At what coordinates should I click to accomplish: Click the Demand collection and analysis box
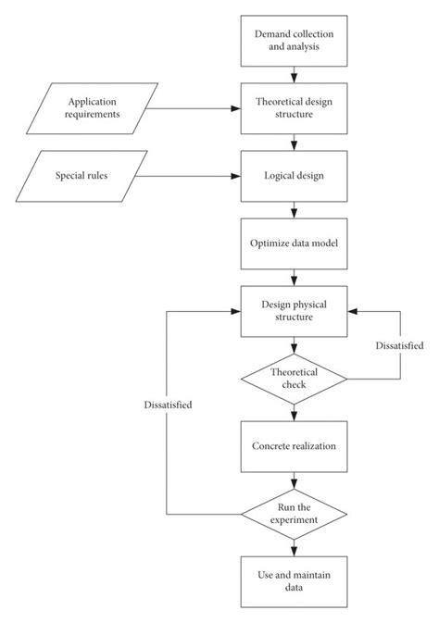point(295,40)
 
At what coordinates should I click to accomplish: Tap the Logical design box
point(295,175)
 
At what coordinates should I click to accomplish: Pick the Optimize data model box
point(295,243)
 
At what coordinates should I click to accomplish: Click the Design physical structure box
point(295,310)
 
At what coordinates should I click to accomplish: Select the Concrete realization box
point(295,445)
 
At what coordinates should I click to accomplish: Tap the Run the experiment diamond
point(295,513)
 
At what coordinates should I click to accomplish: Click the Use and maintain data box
point(295,580)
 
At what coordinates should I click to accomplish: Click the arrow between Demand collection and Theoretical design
point(295,73)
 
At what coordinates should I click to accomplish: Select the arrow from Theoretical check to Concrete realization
point(295,411)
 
